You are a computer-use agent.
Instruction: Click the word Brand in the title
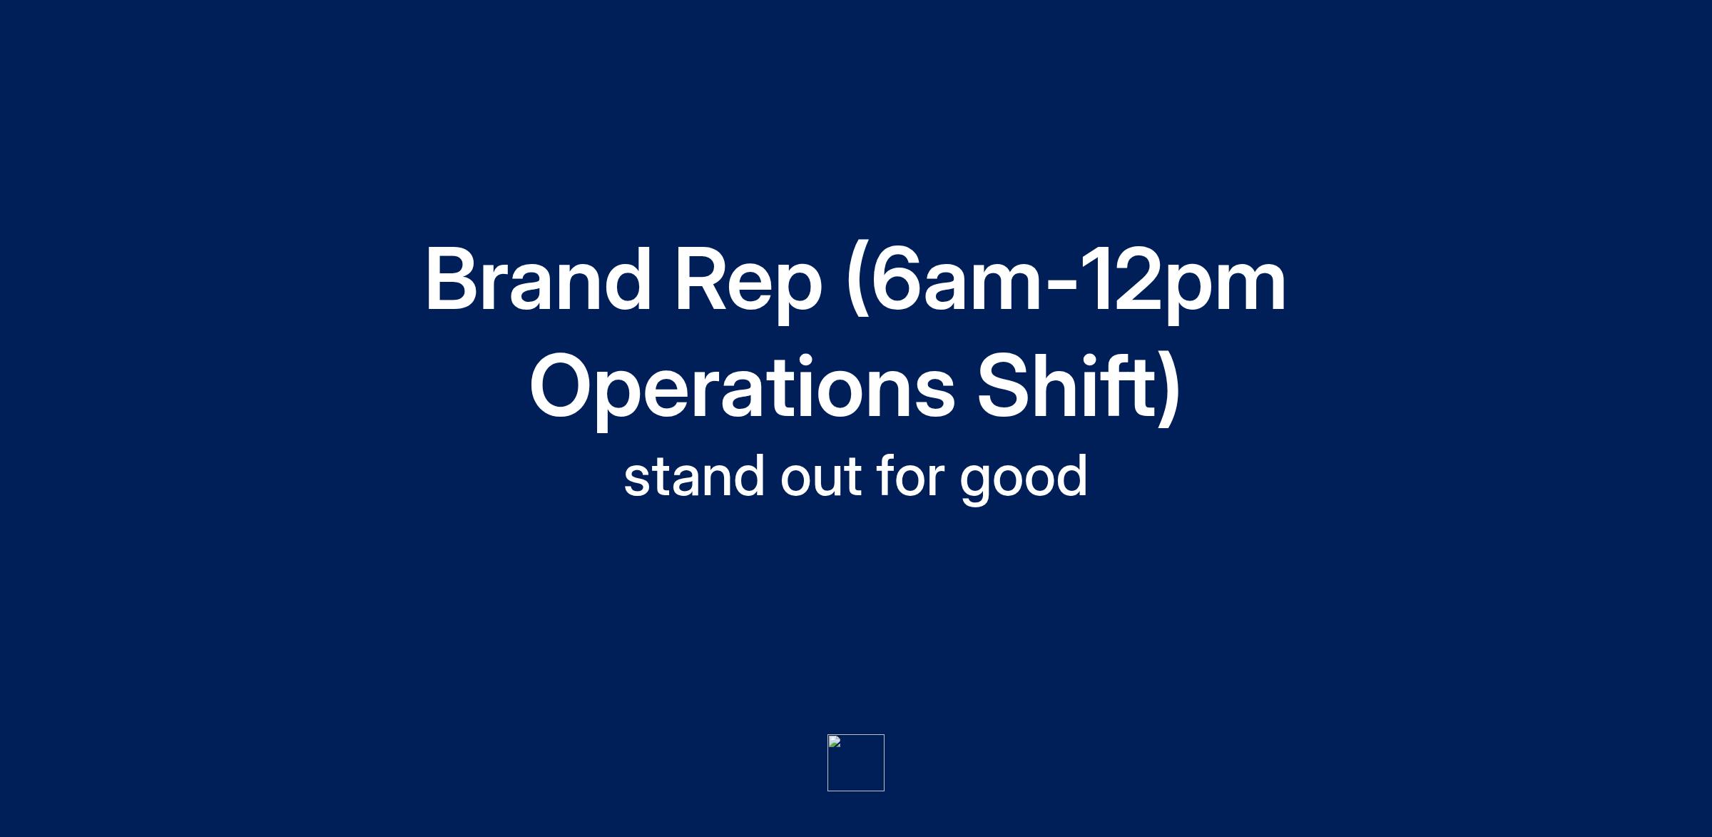point(538,280)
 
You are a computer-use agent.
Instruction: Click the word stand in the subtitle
point(693,475)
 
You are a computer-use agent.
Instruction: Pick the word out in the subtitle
point(821,477)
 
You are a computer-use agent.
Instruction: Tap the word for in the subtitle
point(911,475)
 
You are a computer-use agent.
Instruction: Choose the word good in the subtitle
point(1024,478)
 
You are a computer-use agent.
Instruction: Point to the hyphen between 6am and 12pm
point(1065,288)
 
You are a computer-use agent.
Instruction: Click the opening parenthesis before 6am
point(857,285)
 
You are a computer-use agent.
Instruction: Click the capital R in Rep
point(701,280)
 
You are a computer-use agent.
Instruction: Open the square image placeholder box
point(856,763)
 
